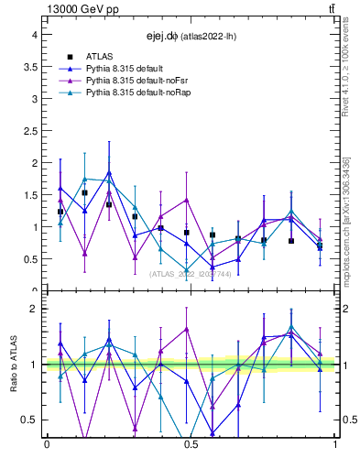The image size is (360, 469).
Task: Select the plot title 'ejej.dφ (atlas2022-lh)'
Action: pyautogui.click(x=186, y=37)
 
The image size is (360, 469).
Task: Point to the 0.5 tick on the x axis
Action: pyautogui.click(x=191, y=444)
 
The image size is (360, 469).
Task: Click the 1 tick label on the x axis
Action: pyautogui.click(x=334, y=444)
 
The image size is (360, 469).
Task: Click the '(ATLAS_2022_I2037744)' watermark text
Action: pyautogui.click(x=191, y=274)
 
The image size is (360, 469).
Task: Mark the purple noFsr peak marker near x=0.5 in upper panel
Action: pyautogui.click(x=186, y=200)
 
